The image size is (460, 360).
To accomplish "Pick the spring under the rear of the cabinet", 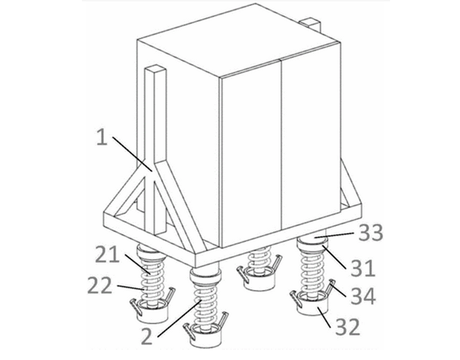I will pos(258,261).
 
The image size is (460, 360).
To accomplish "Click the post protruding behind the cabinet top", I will pos(310,23).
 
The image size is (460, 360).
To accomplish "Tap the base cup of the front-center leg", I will pos(205,336).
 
